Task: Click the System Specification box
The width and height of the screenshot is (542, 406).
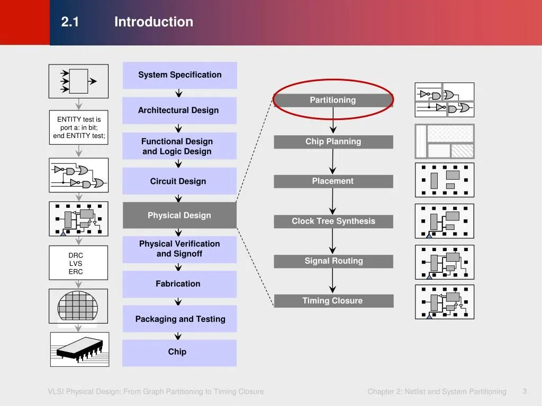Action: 179,75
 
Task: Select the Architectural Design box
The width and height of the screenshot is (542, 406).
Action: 179,110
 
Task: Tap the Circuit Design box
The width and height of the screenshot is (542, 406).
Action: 179,181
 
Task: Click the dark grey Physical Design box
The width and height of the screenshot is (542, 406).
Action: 179,215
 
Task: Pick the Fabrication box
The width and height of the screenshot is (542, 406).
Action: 179,284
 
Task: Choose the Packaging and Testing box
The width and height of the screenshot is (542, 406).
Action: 179,319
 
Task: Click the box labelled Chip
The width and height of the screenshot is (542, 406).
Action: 179,352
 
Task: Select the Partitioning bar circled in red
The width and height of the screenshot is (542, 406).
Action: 333,100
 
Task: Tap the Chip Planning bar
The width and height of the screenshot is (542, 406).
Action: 333,142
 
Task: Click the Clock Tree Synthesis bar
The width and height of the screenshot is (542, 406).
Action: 333,222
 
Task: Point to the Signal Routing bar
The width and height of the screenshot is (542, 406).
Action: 333,261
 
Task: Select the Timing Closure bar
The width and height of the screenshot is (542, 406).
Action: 333,301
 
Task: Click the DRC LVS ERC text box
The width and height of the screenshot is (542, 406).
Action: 78,263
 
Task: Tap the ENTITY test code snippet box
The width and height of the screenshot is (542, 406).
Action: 78,127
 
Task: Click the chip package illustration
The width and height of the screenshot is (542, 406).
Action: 79,349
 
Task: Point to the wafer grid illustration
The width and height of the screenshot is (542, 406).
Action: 78,306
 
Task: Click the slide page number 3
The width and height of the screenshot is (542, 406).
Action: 525,391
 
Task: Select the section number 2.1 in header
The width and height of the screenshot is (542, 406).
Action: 70,22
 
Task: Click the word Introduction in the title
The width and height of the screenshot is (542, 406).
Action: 153,22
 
